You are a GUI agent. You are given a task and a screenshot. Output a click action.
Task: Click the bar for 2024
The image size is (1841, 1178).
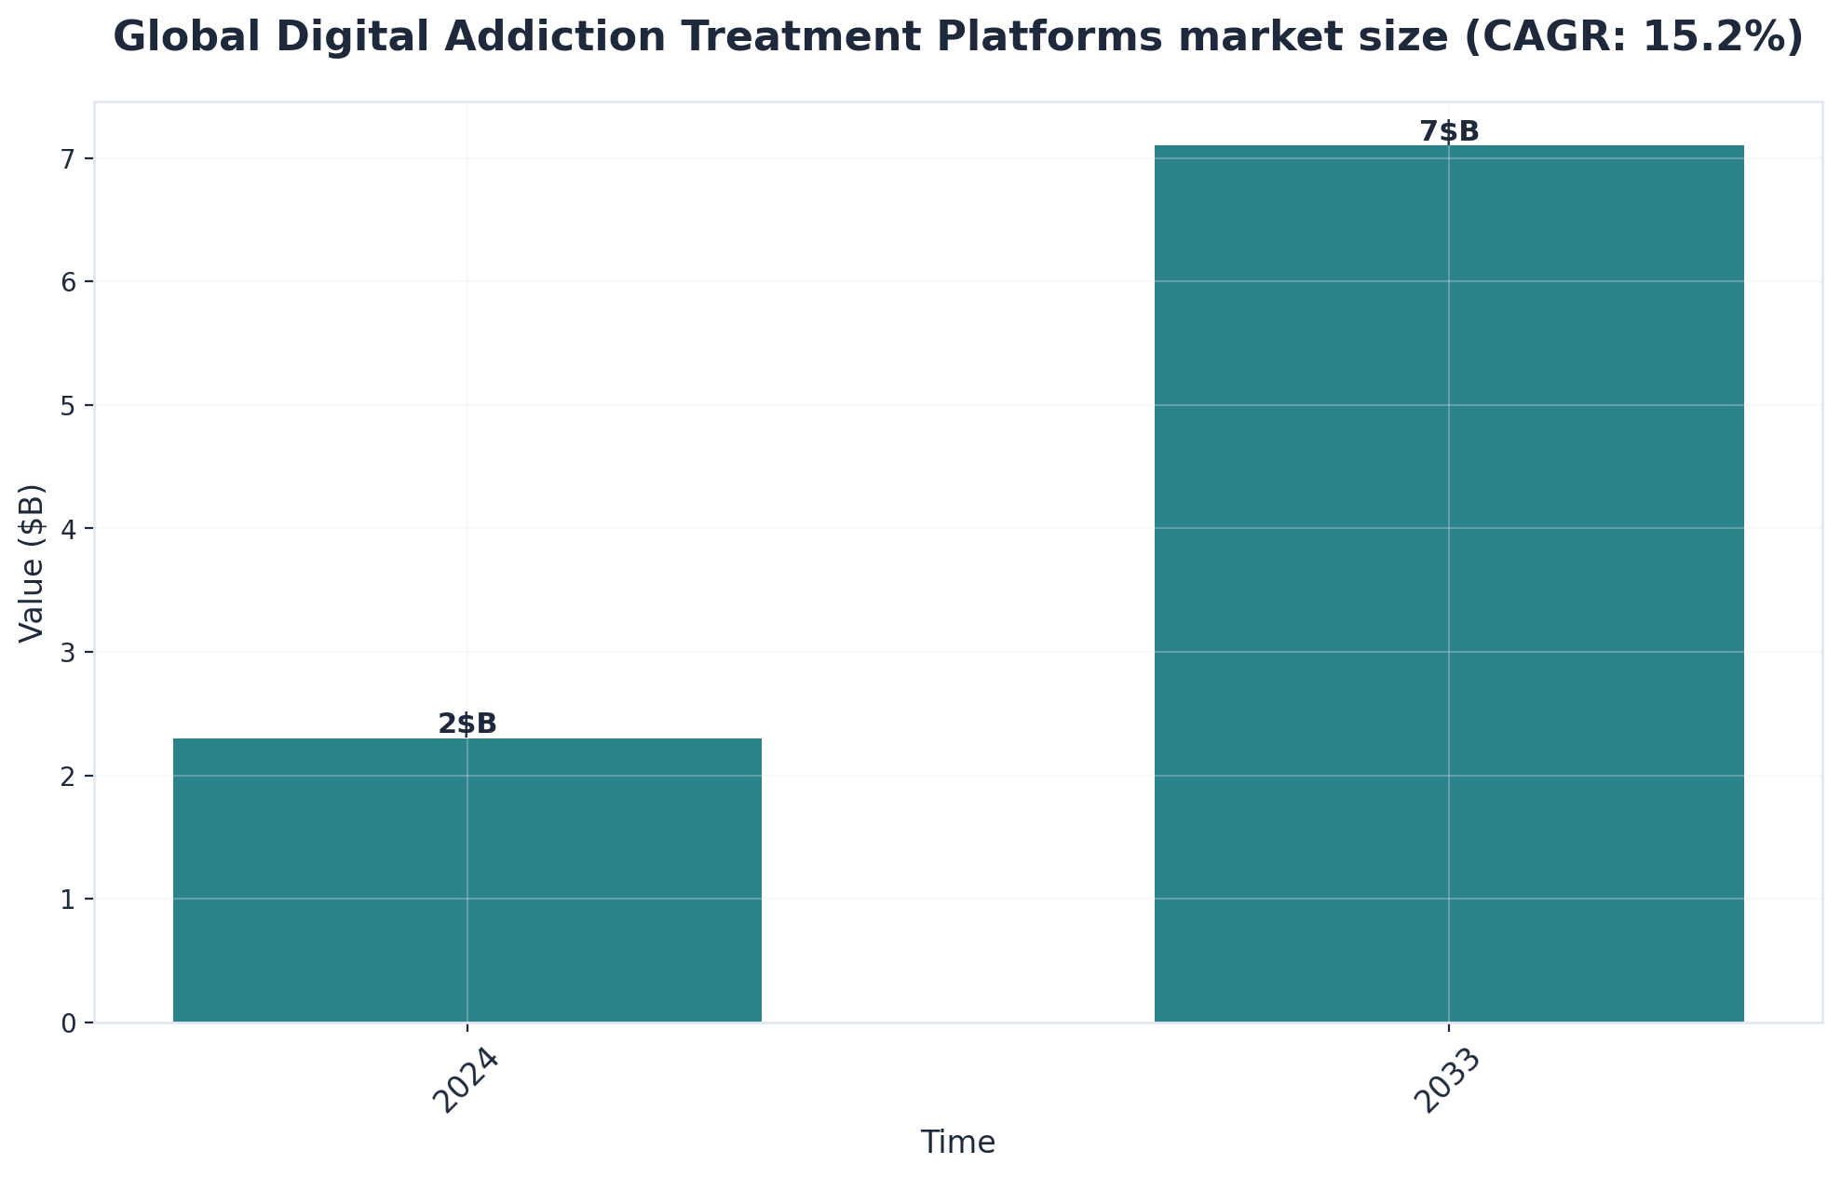467,880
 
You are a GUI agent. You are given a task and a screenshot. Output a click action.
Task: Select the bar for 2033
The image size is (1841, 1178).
1449,584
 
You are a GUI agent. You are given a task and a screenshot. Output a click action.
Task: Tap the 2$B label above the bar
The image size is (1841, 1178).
467,724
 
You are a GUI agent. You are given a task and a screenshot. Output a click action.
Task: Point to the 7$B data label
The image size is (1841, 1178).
1449,131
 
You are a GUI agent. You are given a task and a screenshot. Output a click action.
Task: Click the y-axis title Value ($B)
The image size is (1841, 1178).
33,562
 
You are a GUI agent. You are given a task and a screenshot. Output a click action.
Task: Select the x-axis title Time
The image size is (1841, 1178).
958,1143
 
